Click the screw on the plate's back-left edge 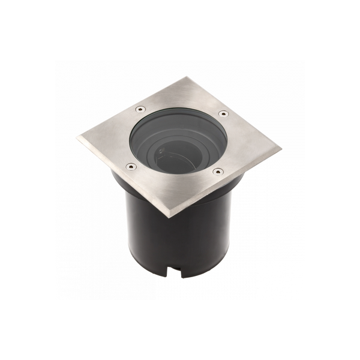tap(140, 109)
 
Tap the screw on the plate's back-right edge tap(223, 113)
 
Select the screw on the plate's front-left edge tap(127, 166)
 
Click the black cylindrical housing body tap(180, 240)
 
